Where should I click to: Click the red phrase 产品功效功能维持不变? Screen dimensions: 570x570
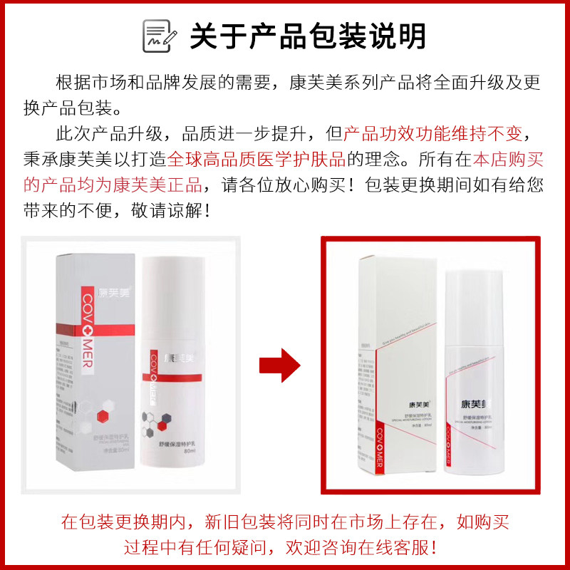click(432, 134)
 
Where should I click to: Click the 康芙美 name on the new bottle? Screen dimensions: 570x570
click(472, 404)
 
